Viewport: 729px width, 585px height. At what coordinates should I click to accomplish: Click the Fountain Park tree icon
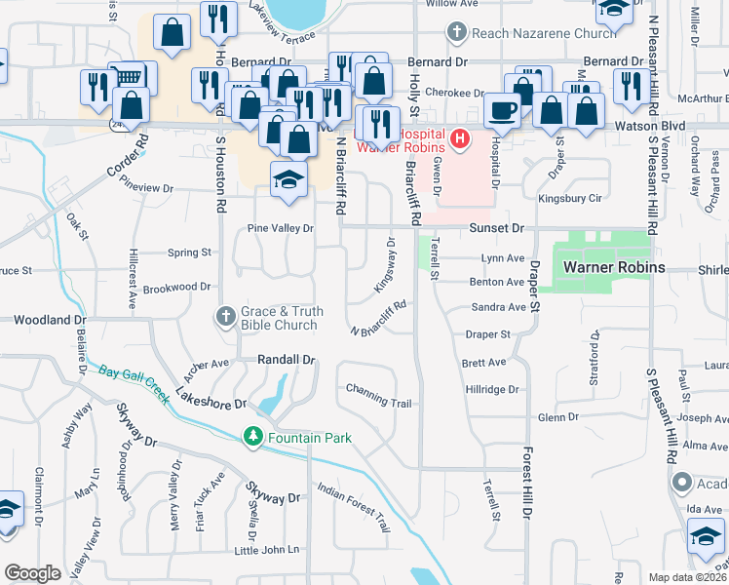click(253, 436)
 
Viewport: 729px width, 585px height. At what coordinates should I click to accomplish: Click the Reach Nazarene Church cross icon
click(456, 32)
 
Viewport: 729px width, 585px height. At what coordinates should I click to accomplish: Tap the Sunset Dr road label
click(497, 227)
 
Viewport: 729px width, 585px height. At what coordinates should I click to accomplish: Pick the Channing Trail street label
click(378, 395)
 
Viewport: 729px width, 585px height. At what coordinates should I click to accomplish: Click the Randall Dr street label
click(286, 359)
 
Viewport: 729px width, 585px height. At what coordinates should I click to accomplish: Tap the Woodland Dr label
click(44, 320)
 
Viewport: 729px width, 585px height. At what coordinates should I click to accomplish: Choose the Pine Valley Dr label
click(280, 228)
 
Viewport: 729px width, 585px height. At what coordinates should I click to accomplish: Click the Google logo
click(33, 573)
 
